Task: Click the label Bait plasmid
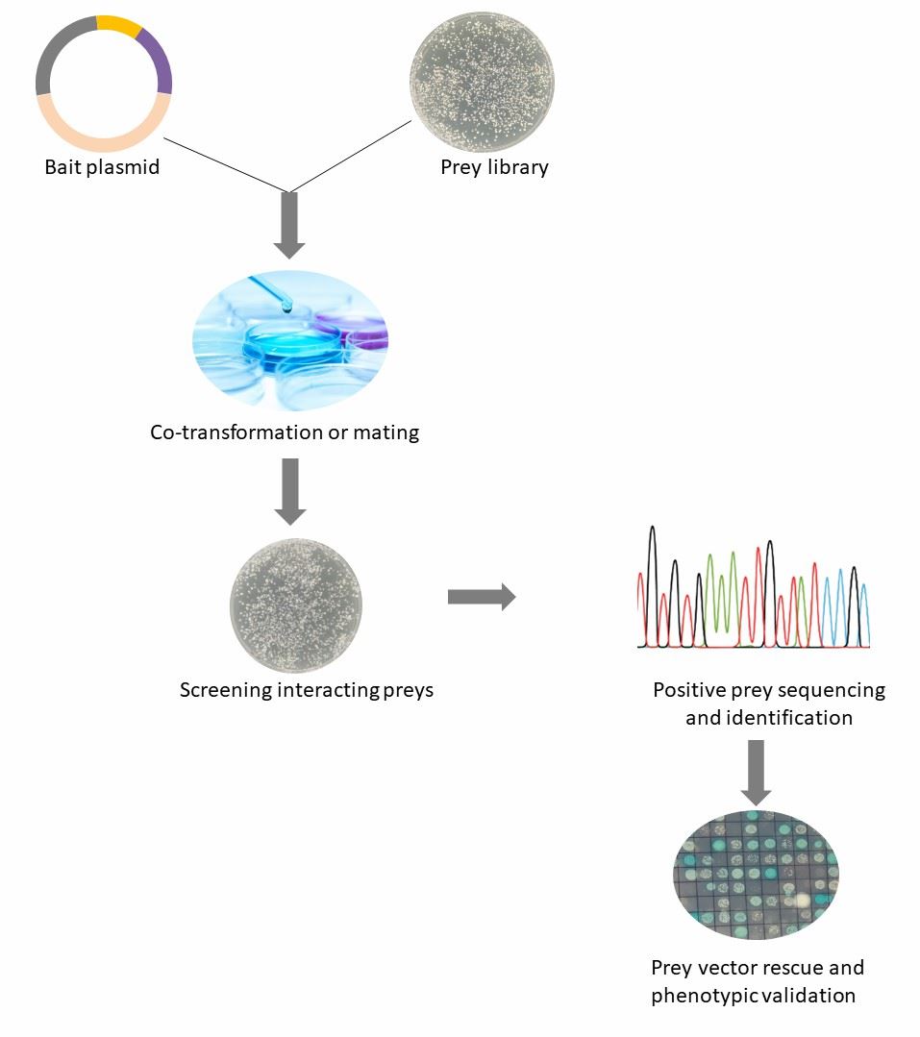[102, 167]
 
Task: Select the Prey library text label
[494, 167]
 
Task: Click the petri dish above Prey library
[482, 81]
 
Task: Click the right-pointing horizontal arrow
[481, 598]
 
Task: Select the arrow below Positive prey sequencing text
[757, 772]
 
